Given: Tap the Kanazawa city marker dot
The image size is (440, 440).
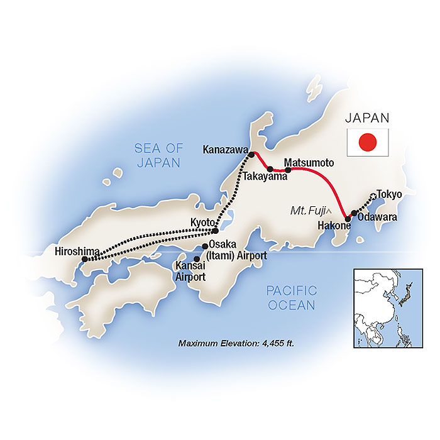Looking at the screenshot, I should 251,155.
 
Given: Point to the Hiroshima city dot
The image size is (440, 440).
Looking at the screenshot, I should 85,258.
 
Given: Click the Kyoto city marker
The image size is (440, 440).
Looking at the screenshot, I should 216,231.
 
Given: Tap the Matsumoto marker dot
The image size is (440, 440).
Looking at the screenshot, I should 288,170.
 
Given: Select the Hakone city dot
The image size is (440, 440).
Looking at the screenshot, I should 348,219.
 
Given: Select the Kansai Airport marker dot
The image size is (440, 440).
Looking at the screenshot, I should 197,258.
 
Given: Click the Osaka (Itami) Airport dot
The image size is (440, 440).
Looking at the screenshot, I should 205,246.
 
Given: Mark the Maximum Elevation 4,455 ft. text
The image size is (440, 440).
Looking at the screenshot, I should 236,344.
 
